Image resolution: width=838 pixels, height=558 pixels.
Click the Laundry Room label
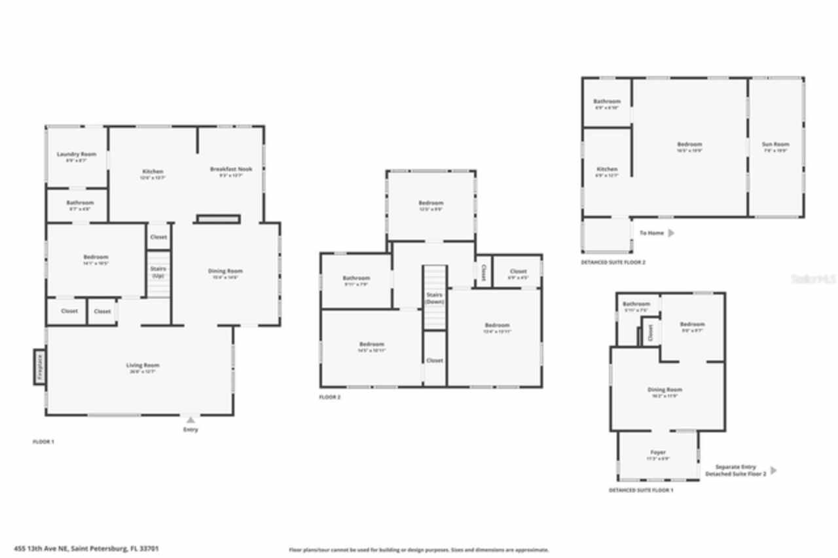coord(77,155)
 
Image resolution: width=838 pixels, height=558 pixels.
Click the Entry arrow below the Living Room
coord(191,420)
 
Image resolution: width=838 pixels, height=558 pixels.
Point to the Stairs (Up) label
coord(158,272)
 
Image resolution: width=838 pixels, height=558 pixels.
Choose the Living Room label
coord(143,365)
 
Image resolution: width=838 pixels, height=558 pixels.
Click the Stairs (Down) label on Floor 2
coord(434,297)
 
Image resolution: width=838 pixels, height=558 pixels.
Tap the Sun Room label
coord(775,144)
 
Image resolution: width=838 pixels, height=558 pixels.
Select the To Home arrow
coord(670,232)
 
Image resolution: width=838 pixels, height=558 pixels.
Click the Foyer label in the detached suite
coord(658,453)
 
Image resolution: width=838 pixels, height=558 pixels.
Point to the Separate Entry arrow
coord(774,470)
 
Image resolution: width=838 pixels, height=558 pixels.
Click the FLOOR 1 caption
coord(43,442)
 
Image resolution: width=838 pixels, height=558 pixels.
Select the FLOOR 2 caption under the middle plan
coord(329,397)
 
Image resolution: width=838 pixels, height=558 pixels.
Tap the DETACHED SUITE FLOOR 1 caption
coord(640,490)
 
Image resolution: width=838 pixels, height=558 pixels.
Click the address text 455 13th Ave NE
coord(95,549)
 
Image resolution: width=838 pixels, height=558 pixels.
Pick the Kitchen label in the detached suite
coord(607,170)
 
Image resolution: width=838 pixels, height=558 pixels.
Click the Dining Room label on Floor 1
coord(225,271)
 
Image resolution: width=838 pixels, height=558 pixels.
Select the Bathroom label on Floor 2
coord(356,278)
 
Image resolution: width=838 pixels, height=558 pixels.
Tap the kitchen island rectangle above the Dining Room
coord(218,219)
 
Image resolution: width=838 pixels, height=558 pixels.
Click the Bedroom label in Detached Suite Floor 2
coord(689,144)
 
